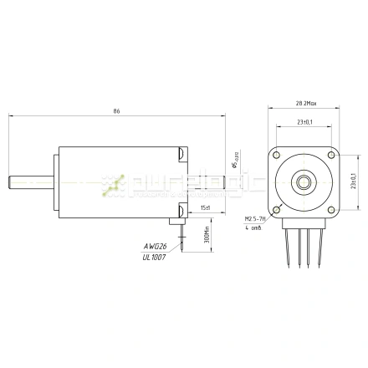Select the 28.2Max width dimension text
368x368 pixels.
pyautogui.click(x=305, y=104)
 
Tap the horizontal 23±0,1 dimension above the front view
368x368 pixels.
pyautogui.click(x=305, y=122)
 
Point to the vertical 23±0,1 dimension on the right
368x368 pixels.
pyautogui.click(x=353, y=181)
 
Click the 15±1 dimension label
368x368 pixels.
pyautogui.click(x=206, y=207)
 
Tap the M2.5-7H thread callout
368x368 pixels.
pyautogui.click(x=254, y=218)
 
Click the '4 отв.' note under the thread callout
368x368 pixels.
pyautogui.click(x=253, y=227)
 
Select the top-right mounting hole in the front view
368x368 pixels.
pyautogui.click(x=332, y=156)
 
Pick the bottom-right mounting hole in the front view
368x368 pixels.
pyautogui.click(x=332, y=209)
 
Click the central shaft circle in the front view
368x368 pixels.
pyautogui.click(x=304, y=182)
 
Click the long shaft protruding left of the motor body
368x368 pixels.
pyautogui.click(x=28, y=180)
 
